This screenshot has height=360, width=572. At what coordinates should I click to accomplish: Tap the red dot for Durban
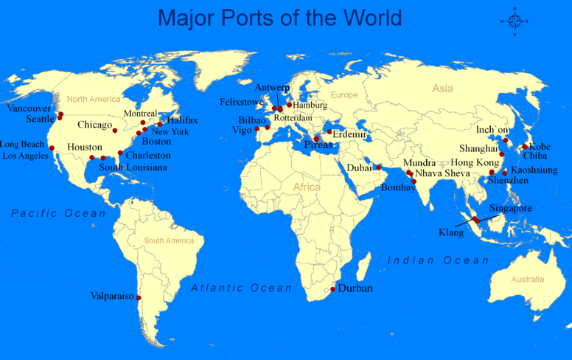[x=333, y=289]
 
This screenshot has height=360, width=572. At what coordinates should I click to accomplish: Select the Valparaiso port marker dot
[x=139, y=298]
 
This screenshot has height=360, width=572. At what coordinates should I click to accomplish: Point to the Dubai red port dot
[x=379, y=167]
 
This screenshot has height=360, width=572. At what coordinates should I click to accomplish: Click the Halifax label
[x=182, y=120]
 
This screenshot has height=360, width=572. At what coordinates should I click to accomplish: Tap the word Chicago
[x=94, y=125]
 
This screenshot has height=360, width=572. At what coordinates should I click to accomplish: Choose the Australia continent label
[x=528, y=280]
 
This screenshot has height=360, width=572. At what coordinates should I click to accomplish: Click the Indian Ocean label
[x=439, y=260]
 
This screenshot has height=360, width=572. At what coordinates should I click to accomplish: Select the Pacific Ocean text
[x=59, y=213]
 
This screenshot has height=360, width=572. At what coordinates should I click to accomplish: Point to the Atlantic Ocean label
[x=242, y=288]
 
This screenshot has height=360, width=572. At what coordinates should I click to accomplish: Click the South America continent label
[x=169, y=241]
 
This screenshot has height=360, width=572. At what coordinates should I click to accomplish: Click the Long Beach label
[x=23, y=145]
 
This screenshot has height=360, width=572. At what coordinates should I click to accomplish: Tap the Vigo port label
[x=242, y=130]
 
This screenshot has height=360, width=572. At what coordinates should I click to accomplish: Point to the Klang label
[x=451, y=232]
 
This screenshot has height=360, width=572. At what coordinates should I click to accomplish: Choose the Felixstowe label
[x=241, y=102]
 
